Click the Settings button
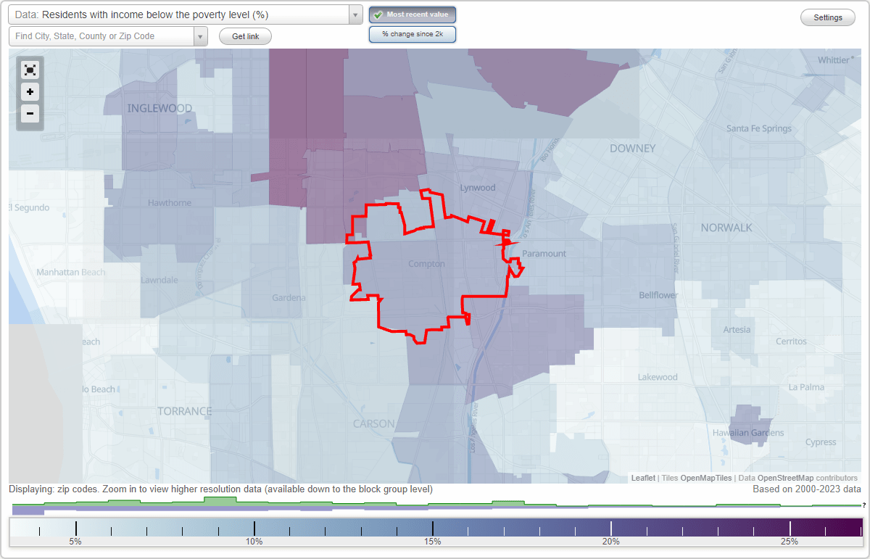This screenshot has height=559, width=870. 828,18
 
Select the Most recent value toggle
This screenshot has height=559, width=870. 413,15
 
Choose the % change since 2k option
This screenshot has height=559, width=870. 413,34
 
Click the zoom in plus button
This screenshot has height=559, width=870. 30,92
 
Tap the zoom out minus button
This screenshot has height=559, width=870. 30,113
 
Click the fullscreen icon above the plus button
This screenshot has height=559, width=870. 30,70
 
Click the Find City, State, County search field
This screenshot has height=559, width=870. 101,36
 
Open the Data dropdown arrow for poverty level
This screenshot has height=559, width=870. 355,15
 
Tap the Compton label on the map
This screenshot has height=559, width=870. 426,264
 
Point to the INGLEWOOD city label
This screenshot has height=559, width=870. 159,109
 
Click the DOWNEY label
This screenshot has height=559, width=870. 632,149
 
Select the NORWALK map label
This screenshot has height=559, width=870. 726,228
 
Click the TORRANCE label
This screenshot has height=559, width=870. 185,411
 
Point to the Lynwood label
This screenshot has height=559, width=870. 478,188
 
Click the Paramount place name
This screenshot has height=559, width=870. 544,254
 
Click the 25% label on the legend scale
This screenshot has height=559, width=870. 790,542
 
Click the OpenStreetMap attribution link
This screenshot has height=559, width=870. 785,478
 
